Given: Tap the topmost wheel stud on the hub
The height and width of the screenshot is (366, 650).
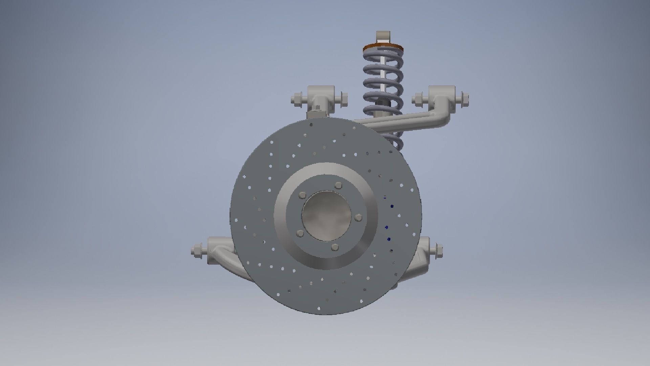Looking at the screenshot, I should click(x=338, y=185).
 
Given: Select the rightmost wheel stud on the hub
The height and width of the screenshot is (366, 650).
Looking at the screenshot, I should click(x=359, y=218).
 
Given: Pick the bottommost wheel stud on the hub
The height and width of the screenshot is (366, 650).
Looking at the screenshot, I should click(x=334, y=246).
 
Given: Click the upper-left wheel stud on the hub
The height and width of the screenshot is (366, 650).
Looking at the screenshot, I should click(x=302, y=196).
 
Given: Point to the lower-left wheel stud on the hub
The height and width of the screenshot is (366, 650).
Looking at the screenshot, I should click(x=300, y=233).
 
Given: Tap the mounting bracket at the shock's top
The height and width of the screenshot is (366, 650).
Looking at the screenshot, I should click(x=383, y=36).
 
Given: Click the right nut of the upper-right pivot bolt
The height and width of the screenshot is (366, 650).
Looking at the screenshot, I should click(x=464, y=99).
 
